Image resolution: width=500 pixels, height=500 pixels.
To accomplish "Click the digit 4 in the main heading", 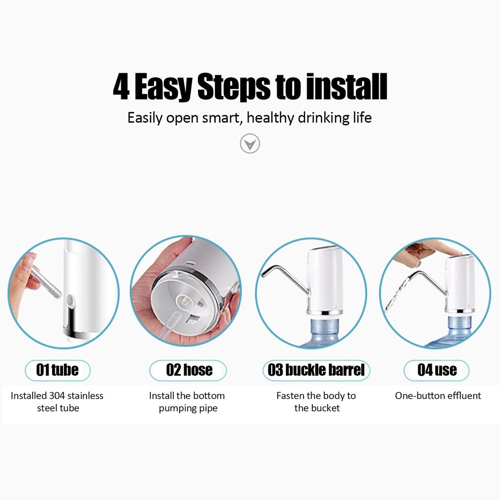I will pos(121,88).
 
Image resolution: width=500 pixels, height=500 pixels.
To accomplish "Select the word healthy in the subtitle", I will pos(270,118).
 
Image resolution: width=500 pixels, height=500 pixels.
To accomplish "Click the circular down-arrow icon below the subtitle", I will pos(250,144).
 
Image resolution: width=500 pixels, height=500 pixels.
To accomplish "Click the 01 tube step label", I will pos(57,370).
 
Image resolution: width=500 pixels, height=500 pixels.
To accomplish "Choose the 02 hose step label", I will pos(189,370).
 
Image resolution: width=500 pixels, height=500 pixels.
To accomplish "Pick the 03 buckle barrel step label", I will pos(316,370).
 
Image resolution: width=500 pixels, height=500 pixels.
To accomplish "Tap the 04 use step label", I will pos(437,370).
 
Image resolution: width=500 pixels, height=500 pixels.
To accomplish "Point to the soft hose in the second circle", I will pos(168,327).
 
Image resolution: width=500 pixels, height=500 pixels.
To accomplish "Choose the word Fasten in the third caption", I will pos(290,396).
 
